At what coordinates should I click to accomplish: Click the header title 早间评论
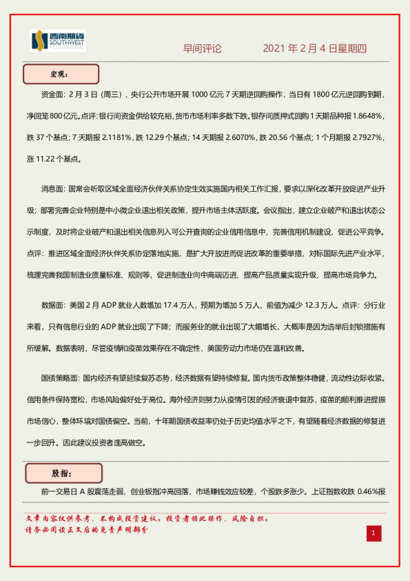coord(203,49)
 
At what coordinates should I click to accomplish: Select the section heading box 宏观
coord(61,74)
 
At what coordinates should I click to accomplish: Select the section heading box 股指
coord(63,473)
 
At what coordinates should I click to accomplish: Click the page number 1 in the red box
coord(373,533)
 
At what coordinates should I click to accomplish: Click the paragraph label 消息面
coord(55,188)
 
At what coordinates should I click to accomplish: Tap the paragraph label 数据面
coord(55,304)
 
